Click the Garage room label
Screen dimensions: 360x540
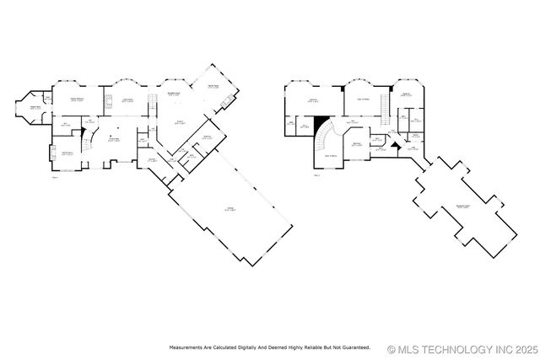point(229,210)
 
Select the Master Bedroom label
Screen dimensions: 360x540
point(76,99)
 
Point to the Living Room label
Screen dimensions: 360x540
point(129,99)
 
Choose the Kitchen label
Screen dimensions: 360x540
point(180,123)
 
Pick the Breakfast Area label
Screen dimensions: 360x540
point(174,94)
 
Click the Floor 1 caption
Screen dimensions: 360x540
point(55,177)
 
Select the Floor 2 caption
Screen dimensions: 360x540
point(317,176)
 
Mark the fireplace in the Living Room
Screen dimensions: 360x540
point(107,102)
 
